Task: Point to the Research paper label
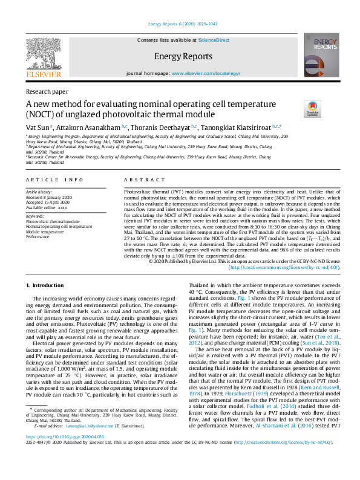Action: tap(47, 91)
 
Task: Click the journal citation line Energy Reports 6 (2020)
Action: tap(180, 24)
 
